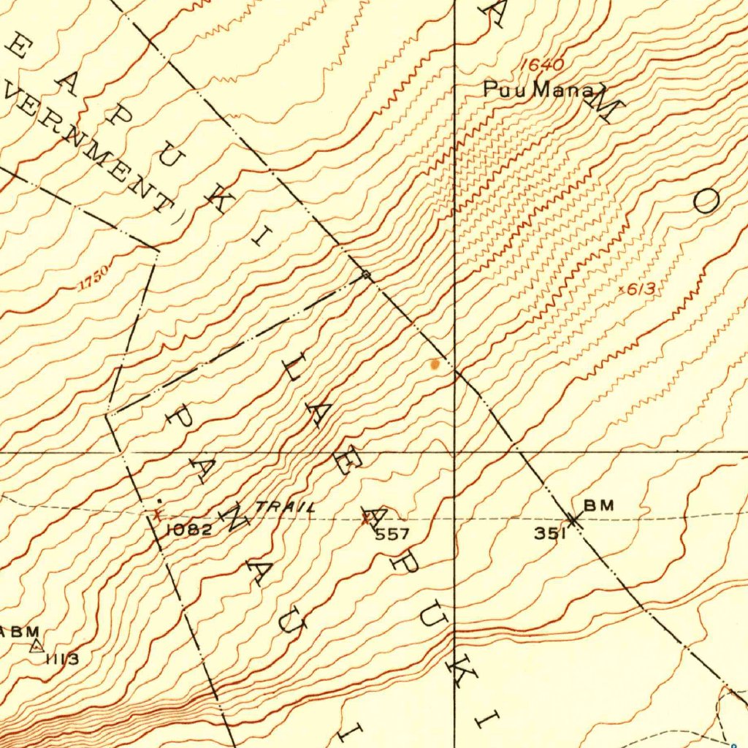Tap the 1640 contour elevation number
click(x=542, y=66)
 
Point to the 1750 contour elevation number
click(x=94, y=278)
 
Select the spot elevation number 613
click(x=641, y=289)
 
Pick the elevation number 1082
click(x=189, y=530)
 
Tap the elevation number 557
click(x=392, y=535)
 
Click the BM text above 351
click(x=598, y=505)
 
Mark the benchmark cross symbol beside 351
click(x=574, y=519)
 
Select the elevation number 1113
click(x=62, y=660)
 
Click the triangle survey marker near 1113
click(x=37, y=645)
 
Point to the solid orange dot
click(x=436, y=364)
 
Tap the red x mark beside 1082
click(x=156, y=514)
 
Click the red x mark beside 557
click(x=366, y=519)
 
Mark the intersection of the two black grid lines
click(x=454, y=451)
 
